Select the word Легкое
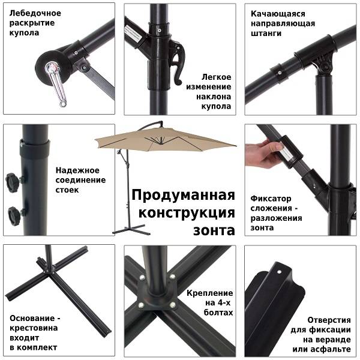pyautogui.click(x=217, y=77)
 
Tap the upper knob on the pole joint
pyautogui.click(x=13, y=180)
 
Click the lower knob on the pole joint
pyautogui.click(x=13, y=214)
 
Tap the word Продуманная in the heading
pyautogui.click(x=182, y=196)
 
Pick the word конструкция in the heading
pyautogui.click(x=187, y=213)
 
